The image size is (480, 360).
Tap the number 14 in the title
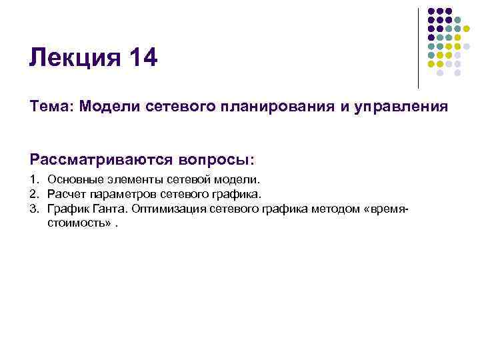pyautogui.click(x=140, y=58)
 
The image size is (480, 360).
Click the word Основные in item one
pyautogui.click(x=74, y=180)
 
